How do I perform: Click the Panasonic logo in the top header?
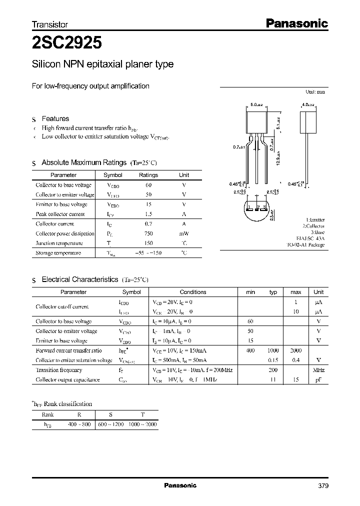295,23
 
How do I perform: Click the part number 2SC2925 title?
67,43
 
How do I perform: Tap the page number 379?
323,486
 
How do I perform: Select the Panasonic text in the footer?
180,485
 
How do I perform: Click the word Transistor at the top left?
50,24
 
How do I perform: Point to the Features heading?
55,118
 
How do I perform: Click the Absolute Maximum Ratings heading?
83,162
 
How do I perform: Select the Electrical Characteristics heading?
79,279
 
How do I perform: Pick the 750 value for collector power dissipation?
148,233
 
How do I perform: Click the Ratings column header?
148,175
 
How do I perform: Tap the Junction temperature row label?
59,243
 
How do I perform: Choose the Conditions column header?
193,292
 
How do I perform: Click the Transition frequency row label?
59,370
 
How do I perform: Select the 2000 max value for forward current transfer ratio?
295,350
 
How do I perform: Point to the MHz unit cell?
318,370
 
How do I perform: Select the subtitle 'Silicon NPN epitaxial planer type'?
102,64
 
